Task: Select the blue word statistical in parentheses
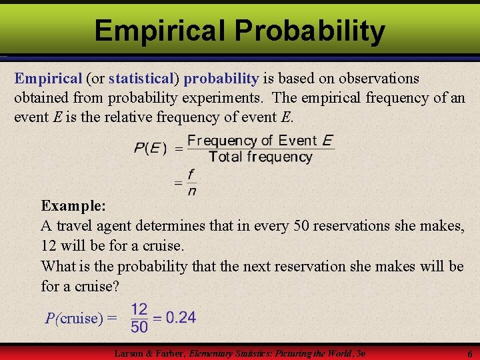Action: click(x=140, y=79)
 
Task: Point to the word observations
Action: click(x=371, y=79)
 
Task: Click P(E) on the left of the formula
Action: click(x=151, y=148)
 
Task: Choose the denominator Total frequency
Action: click(x=260, y=157)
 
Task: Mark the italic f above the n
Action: click(x=191, y=174)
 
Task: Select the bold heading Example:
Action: click(x=72, y=206)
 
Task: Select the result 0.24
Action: click(x=181, y=317)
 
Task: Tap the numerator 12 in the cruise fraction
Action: click(x=139, y=309)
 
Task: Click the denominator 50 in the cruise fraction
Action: click(x=139, y=327)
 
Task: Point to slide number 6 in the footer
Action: click(x=469, y=354)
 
